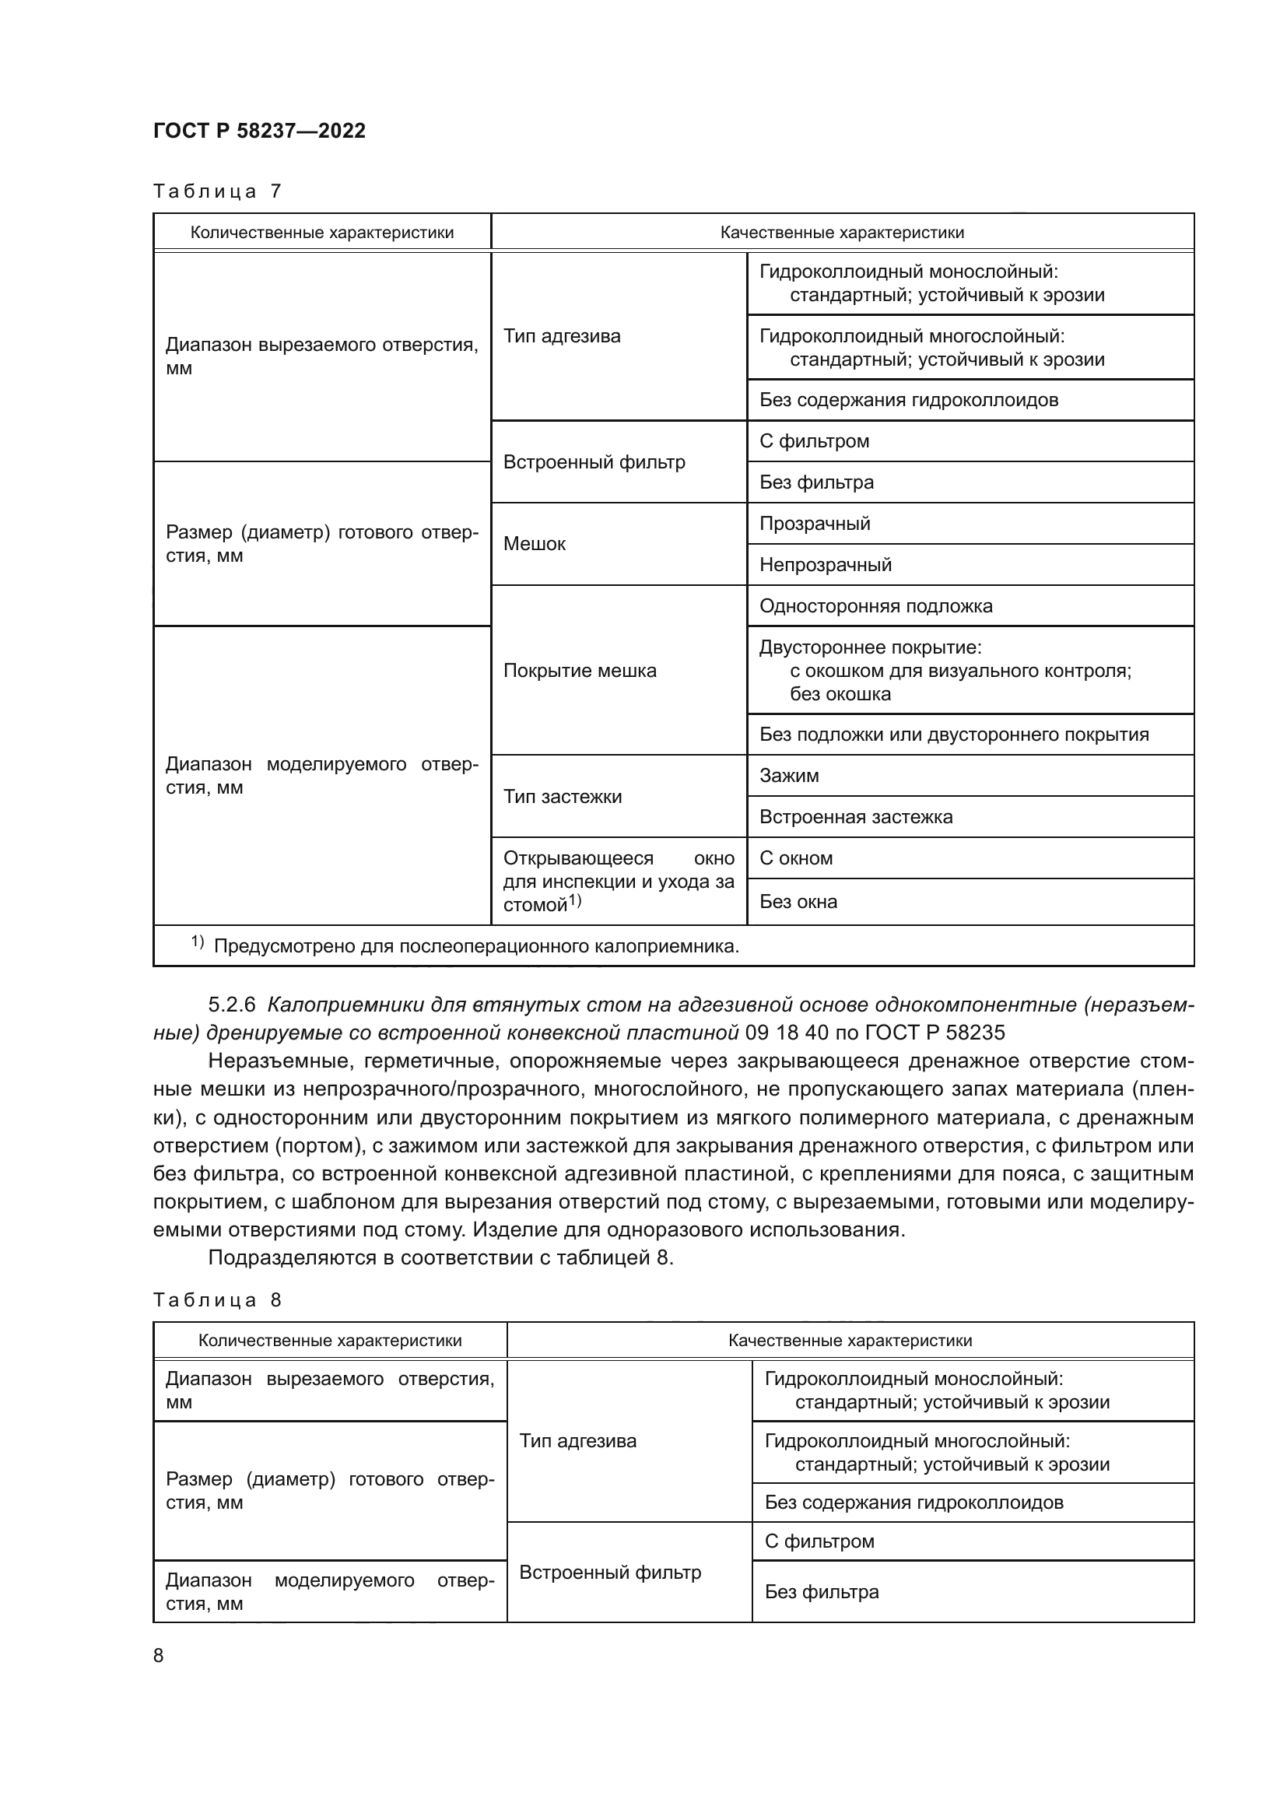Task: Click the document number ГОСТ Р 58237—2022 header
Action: (259, 131)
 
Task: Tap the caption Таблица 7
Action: (217, 191)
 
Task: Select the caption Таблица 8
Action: (217, 1300)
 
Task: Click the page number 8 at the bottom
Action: (159, 1655)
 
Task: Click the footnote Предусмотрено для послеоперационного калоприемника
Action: (475, 945)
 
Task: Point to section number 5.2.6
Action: (231, 1005)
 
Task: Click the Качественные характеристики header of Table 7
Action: (842, 232)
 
